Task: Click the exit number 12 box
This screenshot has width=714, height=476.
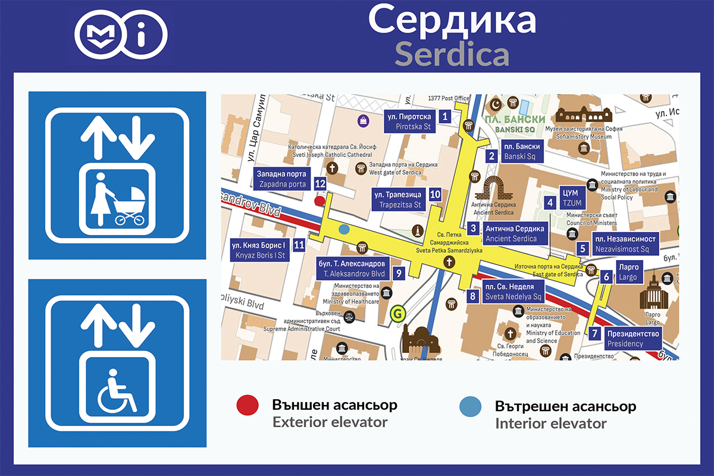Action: (320, 184)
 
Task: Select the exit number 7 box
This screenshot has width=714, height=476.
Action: (594, 333)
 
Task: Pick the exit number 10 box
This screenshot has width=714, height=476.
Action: (435, 194)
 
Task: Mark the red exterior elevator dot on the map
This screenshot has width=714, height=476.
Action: (320, 201)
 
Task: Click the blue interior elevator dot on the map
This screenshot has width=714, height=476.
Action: (344, 228)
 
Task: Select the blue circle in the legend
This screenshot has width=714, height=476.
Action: (471, 407)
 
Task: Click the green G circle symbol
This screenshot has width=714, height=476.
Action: (396, 312)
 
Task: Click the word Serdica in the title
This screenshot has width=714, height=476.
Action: (452, 55)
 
